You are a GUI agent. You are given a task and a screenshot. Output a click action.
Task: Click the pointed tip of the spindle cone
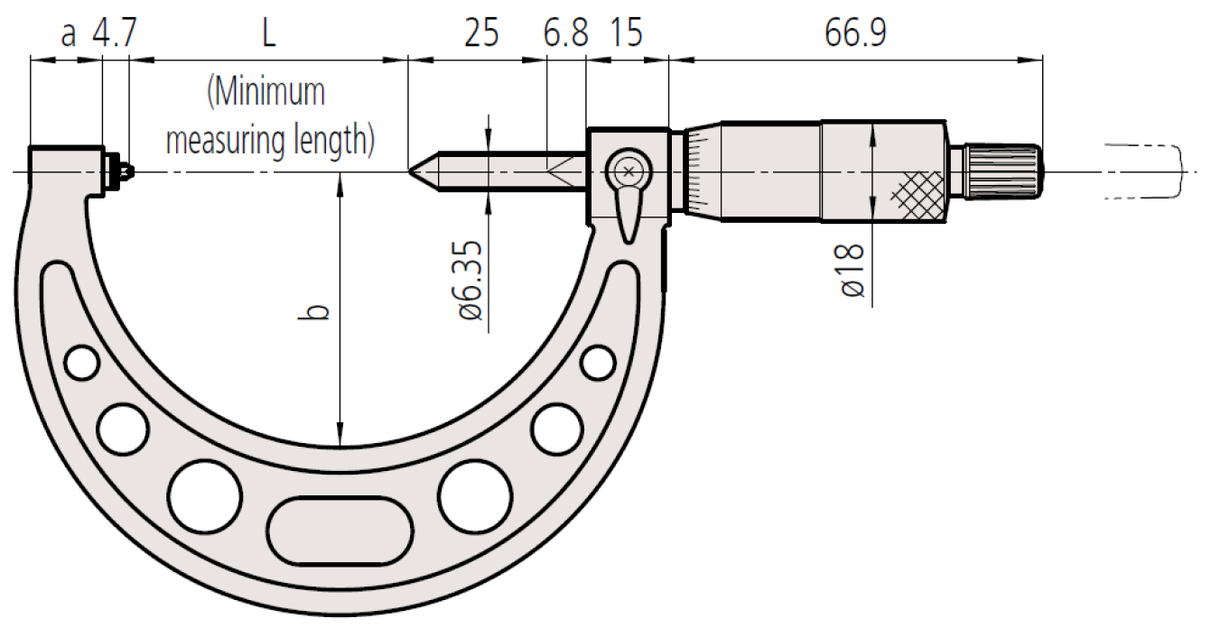pos(409,171)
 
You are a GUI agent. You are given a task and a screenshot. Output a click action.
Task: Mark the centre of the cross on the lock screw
pos(629,172)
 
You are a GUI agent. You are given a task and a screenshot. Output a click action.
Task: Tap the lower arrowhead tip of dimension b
pos(340,447)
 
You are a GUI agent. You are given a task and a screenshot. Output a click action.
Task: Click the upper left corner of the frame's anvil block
pos(30,147)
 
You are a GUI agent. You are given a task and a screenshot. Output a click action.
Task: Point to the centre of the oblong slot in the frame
pos(340,531)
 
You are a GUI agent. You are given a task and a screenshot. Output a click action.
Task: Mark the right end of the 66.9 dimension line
pos(1042,60)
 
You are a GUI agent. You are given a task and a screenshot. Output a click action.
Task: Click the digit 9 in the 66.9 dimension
pos(877,33)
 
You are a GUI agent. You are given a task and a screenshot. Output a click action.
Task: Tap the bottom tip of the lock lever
pos(629,243)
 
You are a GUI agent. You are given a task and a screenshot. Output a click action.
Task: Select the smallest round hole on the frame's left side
pos(81,363)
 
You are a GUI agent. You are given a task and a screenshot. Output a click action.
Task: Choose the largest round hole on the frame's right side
pos(475,496)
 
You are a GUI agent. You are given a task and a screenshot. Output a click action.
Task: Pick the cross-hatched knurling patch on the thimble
pos(917,196)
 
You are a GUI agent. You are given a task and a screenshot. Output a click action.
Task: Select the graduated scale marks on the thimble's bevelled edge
pos(698,171)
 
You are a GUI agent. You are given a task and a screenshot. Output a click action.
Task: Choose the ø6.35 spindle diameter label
pos(470,281)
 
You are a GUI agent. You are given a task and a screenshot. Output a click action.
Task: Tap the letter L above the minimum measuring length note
pos(269,33)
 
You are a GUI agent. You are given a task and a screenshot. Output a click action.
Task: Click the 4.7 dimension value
pos(115,33)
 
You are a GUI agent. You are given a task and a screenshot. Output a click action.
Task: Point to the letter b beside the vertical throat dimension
pos(313,312)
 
